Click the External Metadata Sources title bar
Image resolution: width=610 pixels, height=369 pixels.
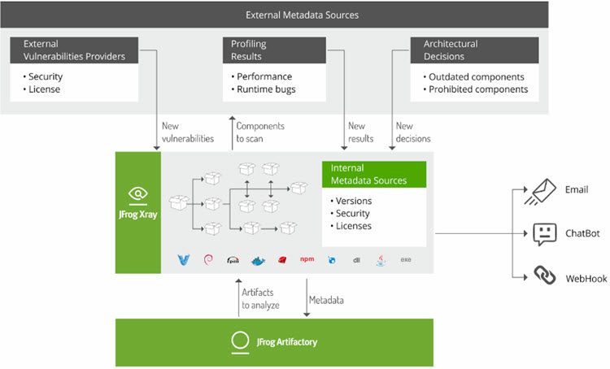303,15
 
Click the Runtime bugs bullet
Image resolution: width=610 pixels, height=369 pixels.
265,89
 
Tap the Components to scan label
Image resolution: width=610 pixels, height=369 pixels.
260,132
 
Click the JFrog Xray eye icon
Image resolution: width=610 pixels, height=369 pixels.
138,194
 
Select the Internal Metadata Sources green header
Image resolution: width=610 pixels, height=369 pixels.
374,174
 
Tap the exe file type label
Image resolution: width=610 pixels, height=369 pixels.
405,259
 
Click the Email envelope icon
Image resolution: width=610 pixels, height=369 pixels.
544,191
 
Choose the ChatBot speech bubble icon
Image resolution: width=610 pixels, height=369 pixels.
544,234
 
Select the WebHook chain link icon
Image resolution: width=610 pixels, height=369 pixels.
544,276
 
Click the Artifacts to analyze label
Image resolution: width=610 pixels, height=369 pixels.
261,299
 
